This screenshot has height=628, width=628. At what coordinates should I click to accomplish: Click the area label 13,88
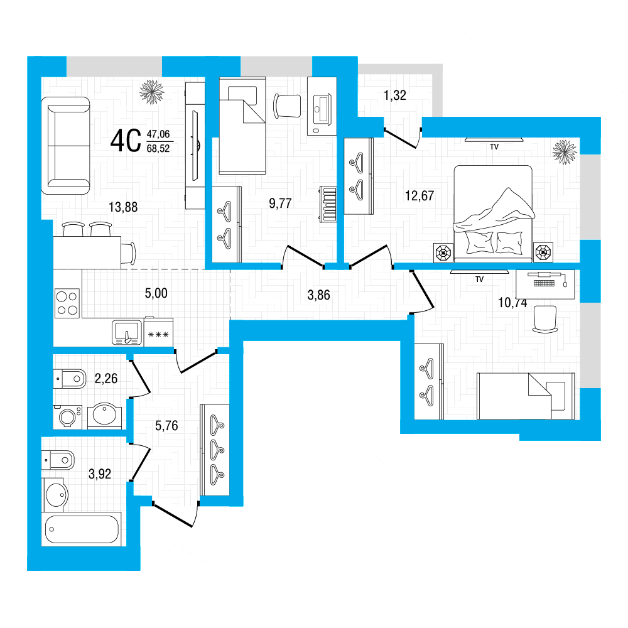[x=123, y=207]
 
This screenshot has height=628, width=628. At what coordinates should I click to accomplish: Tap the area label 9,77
[x=280, y=203]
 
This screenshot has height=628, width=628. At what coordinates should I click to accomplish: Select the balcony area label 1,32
[x=394, y=95]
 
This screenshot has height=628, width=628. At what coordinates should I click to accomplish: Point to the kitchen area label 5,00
[x=156, y=293]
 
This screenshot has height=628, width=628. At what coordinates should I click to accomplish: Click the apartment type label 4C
[x=126, y=141]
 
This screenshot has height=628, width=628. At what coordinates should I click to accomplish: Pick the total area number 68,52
[x=158, y=149]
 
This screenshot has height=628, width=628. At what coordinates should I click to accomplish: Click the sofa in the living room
[x=66, y=146]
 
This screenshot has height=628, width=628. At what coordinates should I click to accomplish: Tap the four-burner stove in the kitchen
[x=67, y=303]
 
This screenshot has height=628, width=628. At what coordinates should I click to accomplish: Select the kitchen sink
[x=127, y=332]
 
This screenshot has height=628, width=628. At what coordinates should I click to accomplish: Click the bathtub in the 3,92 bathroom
[x=81, y=529]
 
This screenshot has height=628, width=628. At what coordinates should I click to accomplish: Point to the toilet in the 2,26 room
[x=69, y=379]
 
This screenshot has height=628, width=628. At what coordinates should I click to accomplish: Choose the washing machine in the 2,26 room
[x=67, y=417]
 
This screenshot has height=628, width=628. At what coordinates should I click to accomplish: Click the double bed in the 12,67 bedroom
[x=493, y=214]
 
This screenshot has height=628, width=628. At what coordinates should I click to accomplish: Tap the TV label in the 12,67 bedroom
[x=494, y=147]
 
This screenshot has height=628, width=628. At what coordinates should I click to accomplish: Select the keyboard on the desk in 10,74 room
[x=544, y=283]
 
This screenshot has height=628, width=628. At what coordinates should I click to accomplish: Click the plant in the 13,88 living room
[x=152, y=92]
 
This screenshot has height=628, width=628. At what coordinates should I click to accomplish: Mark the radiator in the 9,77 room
[x=328, y=204]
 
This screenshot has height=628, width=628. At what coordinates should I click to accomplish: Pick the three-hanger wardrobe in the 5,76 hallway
[x=215, y=450]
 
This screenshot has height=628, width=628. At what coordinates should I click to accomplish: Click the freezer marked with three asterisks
[x=158, y=332]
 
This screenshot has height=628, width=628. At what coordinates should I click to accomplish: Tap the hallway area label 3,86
[x=318, y=295]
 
